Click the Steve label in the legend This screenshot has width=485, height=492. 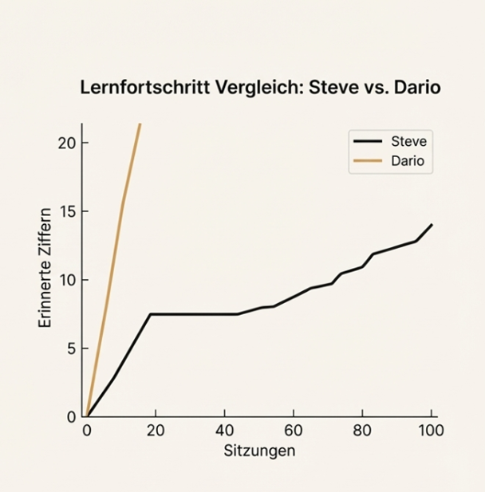click(x=408, y=142)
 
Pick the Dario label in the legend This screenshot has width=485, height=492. click(x=408, y=163)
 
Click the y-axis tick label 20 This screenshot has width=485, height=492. click(x=66, y=143)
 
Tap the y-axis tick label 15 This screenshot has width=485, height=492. click(x=66, y=211)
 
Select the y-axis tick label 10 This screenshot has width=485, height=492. click(x=66, y=280)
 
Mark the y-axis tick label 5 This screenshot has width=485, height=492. click(x=70, y=348)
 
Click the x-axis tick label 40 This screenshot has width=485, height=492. click(x=224, y=431)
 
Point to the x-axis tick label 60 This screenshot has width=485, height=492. click(x=294, y=431)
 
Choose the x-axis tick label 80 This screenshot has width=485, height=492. click(x=362, y=431)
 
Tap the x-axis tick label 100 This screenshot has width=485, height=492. click(x=431, y=431)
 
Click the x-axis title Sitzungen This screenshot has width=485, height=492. click(x=258, y=451)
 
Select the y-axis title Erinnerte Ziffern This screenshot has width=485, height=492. click(x=45, y=268)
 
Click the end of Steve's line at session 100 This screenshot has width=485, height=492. click(x=431, y=225)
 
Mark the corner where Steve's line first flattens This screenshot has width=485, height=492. click(x=149, y=314)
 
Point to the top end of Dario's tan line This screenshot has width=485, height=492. click(x=140, y=124)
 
